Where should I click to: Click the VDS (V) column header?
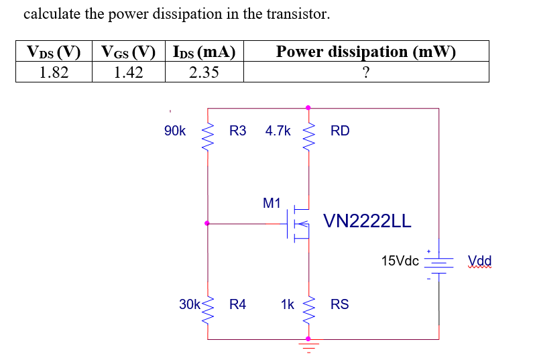coord(53,52)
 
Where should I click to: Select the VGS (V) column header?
coord(128,52)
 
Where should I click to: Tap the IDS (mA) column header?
coord(204,52)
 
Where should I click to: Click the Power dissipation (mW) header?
coord(365,52)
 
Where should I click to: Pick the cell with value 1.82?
coord(53,72)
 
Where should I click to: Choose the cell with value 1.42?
coord(128,72)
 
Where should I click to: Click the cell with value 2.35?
coord(204,72)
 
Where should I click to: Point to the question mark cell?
coord(365,72)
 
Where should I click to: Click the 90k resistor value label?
coord(175,131)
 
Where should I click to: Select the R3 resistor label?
coord(237,131)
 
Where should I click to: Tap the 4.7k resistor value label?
coord(278,131)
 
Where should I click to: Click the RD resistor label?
coord(340,131)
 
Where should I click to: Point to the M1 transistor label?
coord(272,202)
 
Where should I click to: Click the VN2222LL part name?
coord(367,222)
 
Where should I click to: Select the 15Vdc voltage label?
coord(400,260)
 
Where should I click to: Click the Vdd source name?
coord(479,261)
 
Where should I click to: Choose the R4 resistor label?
coord(237,304)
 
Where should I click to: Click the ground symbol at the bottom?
coord(308,347)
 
